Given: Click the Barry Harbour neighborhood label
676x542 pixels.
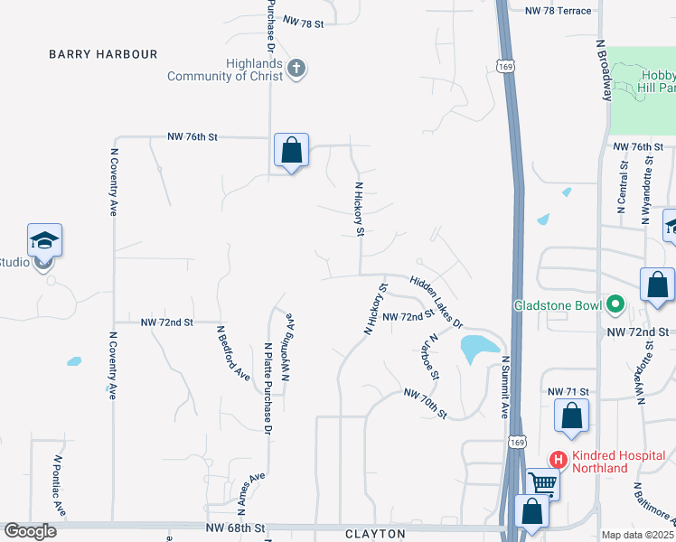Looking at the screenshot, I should tap(103, 54).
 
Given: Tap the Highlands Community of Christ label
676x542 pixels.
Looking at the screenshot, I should tap(225, 69).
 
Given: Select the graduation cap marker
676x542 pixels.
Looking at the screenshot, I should tap(44, 241).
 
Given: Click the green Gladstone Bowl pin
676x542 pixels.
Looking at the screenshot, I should tap(616, 304).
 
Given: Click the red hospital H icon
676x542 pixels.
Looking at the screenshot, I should tap(557, 460).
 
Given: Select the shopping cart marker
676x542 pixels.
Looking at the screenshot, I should tap(542, 482).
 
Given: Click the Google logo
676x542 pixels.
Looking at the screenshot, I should tap(30, 531).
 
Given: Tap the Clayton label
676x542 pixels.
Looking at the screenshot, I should tap(375, 534).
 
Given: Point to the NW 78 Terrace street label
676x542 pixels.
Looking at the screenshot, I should tap(559, 11).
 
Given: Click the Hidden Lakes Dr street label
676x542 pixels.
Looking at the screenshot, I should tap(436, 303).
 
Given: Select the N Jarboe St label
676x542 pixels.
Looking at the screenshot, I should tap(429, 356).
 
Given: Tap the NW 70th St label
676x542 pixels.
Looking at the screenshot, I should tap(426, 404).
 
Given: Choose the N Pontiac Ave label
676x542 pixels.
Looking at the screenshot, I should tap(60, 484).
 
